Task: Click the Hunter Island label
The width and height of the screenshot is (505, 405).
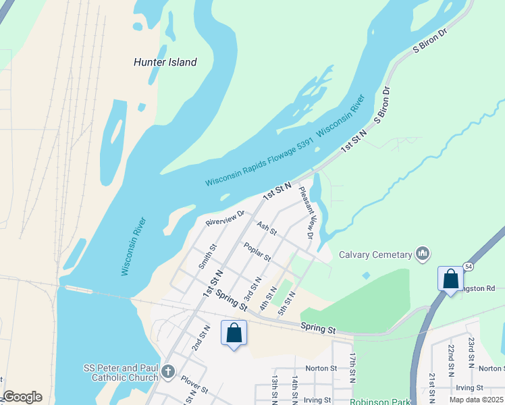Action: [165, 62]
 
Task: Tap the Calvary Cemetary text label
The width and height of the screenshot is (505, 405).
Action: [375, 254]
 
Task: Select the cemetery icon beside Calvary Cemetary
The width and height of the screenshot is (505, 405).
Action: [423, 254]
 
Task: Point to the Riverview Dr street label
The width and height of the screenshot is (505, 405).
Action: [224, 219]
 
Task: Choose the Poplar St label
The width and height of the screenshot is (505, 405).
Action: [257, 252]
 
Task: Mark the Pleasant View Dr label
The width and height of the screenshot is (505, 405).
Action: [307, 213]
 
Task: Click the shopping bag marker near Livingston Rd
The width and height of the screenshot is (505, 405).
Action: [450, 278]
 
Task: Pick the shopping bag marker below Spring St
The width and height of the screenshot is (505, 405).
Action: [234, 333]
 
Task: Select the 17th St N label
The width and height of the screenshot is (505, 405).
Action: [352, 367]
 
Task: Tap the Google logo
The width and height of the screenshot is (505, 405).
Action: [22, 397]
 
